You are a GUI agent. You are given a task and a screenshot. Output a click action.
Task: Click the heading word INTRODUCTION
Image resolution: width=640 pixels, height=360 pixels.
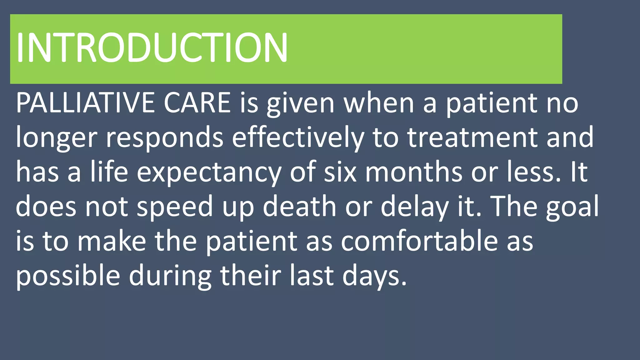(x=152, y=47)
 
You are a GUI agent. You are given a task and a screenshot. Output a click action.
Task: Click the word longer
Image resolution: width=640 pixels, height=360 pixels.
(x=57, y=138)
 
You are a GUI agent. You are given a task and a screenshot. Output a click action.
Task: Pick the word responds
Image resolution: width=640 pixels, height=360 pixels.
(x=165, y=138)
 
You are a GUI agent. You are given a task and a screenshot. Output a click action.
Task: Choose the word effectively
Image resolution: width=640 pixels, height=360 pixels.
(x=298, y=138)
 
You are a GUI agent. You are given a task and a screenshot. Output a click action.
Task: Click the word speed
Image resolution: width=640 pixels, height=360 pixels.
(x=175, y=207)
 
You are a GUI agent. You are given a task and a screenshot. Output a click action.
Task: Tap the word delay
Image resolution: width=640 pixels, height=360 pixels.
(x=414, y=207)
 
